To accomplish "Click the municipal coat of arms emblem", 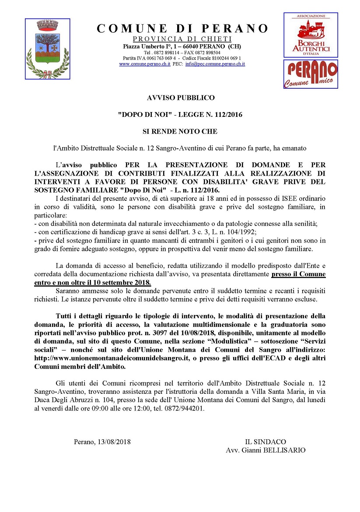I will pyautogui.click(x=47, y=49).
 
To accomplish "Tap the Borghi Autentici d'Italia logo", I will pyautogui.click(x=311, y=35).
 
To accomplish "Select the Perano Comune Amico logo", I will pyautogui.click(x=311, y=74).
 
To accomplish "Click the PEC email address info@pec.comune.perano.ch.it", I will pyautogui.click(x=215, y=64).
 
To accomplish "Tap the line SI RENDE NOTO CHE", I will pyautogui.click(x=180, y=131).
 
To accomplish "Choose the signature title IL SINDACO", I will pyautogui.click(x=266, y=442).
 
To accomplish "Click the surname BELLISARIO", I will pyautogui.click(x=284, y=450).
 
